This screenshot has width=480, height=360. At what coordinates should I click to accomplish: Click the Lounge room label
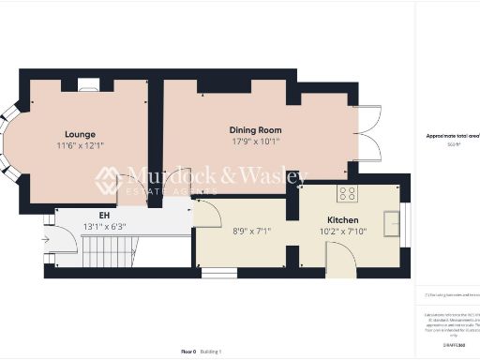coord(80,134)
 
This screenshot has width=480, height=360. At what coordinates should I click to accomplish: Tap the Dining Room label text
coord(255,130)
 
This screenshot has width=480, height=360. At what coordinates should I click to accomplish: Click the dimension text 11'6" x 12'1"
coord(80,146)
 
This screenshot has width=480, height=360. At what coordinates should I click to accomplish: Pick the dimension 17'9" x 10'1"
coord(255,142)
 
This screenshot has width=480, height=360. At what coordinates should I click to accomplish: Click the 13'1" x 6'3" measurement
coord(104,226)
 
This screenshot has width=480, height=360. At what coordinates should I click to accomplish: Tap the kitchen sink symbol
coord(392,221)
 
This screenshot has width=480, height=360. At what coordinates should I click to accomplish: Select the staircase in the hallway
coord(111,250)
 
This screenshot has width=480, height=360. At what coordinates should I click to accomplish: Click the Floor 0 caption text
coord(188,351)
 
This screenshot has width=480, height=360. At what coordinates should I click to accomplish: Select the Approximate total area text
coord(453,136)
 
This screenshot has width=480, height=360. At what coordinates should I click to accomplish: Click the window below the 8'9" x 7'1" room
coord(221,273)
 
